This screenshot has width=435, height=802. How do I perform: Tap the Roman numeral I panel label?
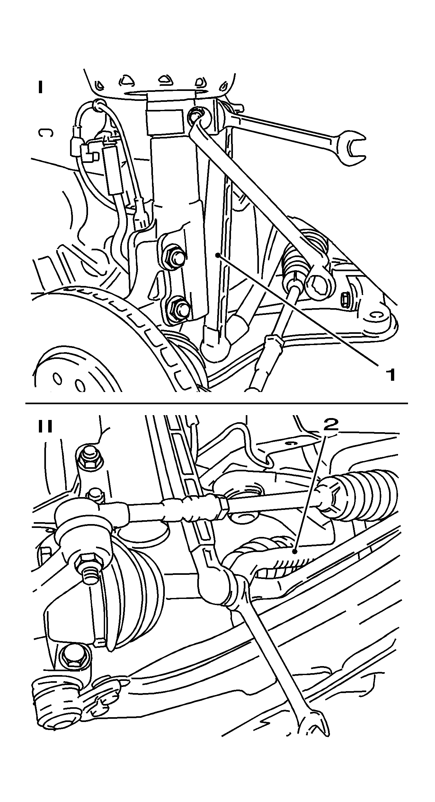pyautogui.click(x=40, y=87)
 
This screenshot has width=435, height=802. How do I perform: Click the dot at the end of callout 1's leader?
pyautogui.click(x=218, y=255)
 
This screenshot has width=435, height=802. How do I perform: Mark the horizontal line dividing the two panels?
pyautogui.click(x=217, y=403)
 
